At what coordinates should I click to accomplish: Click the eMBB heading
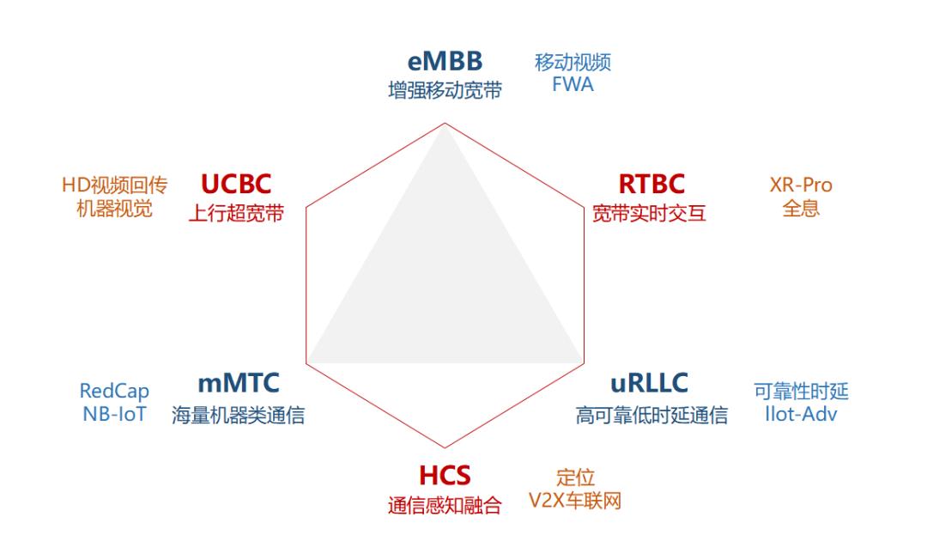445,61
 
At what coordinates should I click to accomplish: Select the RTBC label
651,184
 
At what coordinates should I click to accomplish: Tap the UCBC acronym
236,184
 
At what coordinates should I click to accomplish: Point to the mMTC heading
239,383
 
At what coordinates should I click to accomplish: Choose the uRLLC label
649,383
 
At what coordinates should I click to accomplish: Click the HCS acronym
445,476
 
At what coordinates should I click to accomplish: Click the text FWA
573,84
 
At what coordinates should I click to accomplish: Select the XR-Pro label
801,185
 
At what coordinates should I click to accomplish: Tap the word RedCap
114,392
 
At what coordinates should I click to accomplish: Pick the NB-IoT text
114,414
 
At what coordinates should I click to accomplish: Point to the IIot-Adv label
801,414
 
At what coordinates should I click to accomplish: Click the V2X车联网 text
574,501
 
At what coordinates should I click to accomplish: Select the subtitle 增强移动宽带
445,90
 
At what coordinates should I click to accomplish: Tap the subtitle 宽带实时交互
649,214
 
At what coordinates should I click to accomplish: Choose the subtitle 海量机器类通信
239,415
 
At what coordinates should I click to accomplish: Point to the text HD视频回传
115,185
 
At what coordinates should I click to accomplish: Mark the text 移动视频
573,62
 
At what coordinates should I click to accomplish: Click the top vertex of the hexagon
445,123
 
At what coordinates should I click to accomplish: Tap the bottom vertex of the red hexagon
445,447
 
